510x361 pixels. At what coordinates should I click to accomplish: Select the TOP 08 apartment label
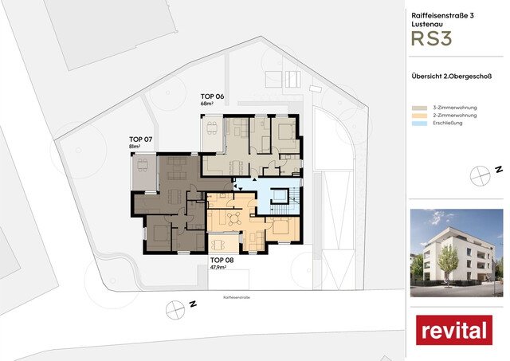[221, 260]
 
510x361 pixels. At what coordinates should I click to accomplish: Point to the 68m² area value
[208, 104]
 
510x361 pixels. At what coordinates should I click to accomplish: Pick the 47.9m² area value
[219, 268]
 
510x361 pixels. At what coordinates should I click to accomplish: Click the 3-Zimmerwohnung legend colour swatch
[418, 107]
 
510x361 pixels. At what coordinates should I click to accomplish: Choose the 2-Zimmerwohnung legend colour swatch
[418, 115]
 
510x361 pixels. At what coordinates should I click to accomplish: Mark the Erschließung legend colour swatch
[418, 123]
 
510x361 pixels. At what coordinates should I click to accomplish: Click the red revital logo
[453, 330]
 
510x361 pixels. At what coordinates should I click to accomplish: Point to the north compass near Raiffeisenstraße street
[173, 308]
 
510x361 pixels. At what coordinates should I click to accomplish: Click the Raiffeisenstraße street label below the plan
[237, 296]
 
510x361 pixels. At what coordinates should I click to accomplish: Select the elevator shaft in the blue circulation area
[280, 196]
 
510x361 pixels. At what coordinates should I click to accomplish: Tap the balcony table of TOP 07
[143, 166]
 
